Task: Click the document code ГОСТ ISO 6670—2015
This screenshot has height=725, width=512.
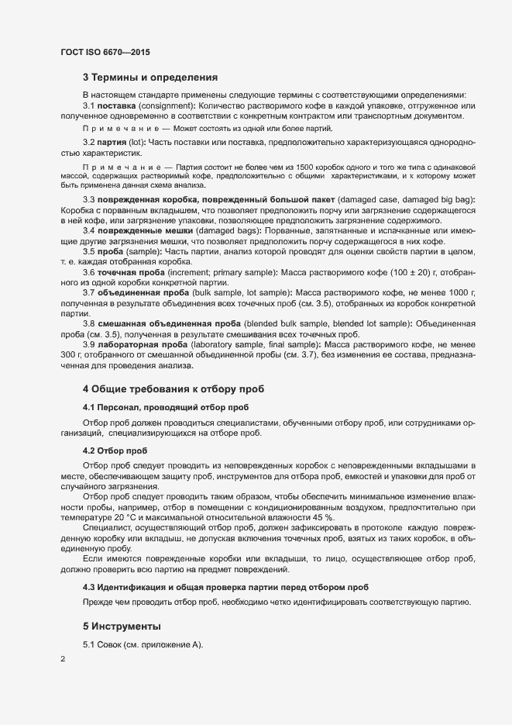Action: [105, 52]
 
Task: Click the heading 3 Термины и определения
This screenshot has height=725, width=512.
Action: [149, 77]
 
